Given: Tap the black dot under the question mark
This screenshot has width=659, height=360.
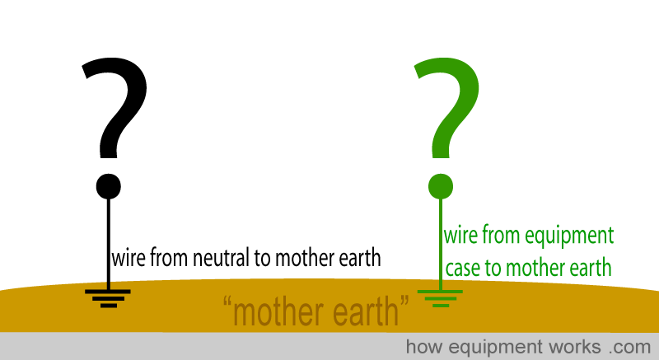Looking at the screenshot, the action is [x=109, y=186].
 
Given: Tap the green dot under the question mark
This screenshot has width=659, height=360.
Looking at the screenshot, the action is [x=441, y=186].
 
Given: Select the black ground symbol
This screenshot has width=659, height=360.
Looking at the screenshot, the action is [x=108, y=298].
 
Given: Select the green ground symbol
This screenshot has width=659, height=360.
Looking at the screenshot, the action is [x=440, y=298].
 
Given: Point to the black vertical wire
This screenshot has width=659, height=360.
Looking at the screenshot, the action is [x=109, y=244].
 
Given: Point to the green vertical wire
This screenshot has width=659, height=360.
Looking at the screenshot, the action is [x=441, y=244].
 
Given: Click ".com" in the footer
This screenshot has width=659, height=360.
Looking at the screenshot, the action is [x=629, y=348].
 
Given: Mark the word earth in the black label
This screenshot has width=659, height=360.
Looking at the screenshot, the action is [x=360, y=257].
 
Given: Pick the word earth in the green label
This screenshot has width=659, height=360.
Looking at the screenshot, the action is [x=590, y=268].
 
